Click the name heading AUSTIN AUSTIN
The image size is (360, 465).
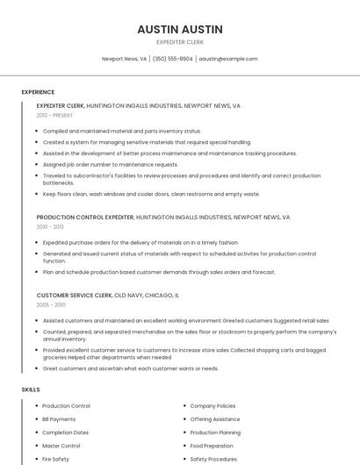[x=180, y=29]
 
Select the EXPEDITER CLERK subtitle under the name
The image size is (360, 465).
[x=180, y=41]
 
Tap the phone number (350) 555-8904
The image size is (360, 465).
[x=173, y=59]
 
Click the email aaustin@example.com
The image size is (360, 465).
[x=228, y=59]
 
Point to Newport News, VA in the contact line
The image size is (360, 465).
[x=124, y=59]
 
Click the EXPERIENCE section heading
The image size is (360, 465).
[x=38, y=92]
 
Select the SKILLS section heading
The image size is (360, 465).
[x=31, y=389]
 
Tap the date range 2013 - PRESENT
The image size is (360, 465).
[x=54, y=115]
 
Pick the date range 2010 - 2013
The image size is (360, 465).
[x=50, y=226]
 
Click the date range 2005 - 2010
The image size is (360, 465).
[x=51, y=304]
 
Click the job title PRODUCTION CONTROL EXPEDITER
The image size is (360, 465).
[x=85, y=217]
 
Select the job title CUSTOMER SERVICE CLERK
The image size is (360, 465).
[x=75, y=296]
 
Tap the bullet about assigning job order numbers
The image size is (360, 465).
[x=111, y=164]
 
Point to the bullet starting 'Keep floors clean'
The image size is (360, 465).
[x=151, y=194]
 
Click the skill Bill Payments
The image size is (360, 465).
[x=59, y=419]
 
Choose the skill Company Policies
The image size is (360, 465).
[x=212, y=406]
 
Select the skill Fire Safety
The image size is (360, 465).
[x=55, y=459]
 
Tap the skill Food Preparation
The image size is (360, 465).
[x=212, y=446]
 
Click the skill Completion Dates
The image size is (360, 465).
[x=65, y=433]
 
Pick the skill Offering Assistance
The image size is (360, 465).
[x=215, y=419]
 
